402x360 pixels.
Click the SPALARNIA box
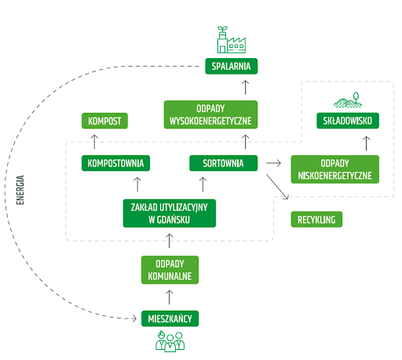click(x=232, y=66)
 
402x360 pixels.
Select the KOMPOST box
click(x=104, y=121)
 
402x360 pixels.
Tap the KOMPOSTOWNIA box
click(x=115, y=163)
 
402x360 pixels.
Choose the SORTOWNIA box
click(x=224, y=163)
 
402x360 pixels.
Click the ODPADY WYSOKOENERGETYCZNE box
click(x=210, y=115)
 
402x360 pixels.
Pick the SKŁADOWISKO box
click(x=348, y=121)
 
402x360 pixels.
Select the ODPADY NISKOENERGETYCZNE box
click(x=335, y=169)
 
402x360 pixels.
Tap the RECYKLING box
click(x=316, y=220)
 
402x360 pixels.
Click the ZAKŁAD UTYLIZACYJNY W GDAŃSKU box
click(x=170, y=213)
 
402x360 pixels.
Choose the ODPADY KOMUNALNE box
click(x=170, y=270)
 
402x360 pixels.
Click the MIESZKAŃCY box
click(x=170, y=318)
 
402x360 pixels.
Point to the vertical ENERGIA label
click(x=20, y=190)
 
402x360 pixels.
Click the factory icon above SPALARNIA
click(x=232, y=40)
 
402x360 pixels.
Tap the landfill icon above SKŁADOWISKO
click(x=348, y=100)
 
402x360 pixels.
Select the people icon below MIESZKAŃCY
click(x=170, y=341)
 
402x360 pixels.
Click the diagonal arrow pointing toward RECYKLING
click(x=277, y=187)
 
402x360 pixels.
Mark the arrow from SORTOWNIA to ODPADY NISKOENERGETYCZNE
click(x=273, y=163)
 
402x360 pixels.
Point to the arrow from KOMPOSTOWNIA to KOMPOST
click(x=94, y=142)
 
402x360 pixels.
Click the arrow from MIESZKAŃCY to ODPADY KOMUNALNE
click(x=170, y=297)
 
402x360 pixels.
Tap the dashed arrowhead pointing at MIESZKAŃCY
click(x=134, y=318)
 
